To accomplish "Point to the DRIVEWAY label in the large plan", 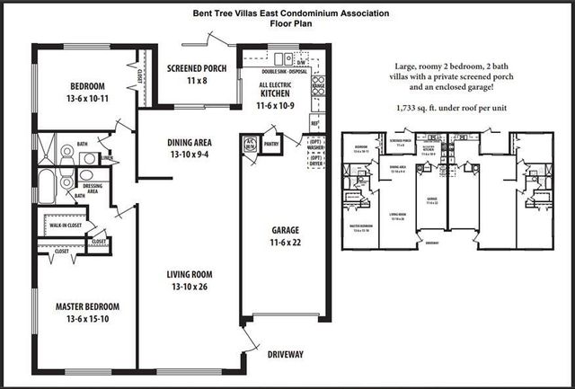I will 286,354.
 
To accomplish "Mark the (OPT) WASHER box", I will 315,146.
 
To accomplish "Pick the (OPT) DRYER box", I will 315,162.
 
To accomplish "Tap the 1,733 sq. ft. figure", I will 416,107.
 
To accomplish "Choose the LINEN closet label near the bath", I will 108,158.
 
